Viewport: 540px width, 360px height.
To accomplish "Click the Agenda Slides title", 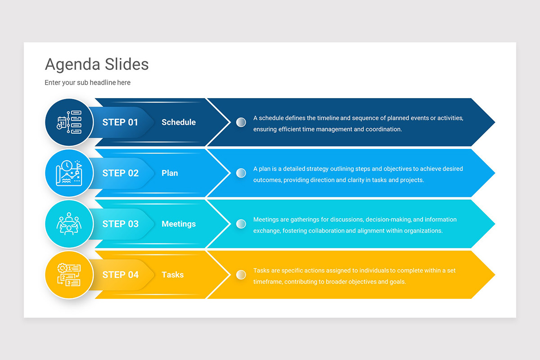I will (97, 64).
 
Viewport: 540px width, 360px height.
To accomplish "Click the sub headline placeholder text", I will (87, 83).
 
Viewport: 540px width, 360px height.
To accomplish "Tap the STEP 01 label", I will (120, 122).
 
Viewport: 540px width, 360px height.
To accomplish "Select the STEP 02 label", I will (120, 173).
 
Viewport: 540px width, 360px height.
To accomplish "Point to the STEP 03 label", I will (120, 224).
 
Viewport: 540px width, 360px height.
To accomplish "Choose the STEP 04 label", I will (120, 275).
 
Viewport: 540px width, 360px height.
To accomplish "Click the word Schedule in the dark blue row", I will (179, 122).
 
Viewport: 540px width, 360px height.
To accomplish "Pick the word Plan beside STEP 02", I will (170, 173).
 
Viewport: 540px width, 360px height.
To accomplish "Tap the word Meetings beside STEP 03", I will (179, 224).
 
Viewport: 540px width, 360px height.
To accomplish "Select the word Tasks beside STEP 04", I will (172, 275).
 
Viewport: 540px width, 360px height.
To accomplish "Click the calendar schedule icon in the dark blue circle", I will (69, 122).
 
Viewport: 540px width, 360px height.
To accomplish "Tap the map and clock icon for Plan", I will (69, 173).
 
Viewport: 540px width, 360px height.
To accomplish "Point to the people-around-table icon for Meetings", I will (69, 224).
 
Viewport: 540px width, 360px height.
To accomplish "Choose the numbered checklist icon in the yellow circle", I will (69, 275).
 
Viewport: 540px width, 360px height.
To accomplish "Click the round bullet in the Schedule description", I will (241, 122).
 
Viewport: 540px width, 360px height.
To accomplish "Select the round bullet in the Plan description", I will (241, 173).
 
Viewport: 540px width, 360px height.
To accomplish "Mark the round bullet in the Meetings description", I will (241, 224).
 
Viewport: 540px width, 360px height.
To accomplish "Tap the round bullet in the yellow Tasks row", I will (241, 274).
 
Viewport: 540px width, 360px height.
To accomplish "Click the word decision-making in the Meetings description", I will (388, 220).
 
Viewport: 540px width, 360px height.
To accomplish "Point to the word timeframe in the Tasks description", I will (269, 282).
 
